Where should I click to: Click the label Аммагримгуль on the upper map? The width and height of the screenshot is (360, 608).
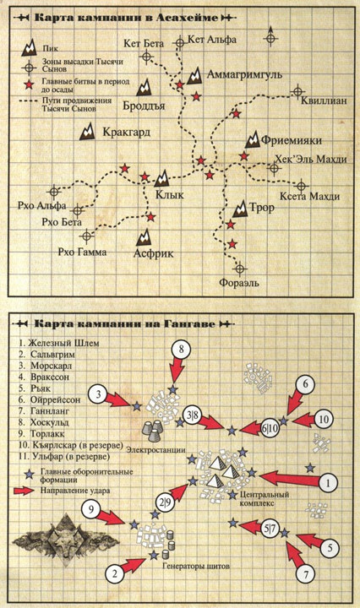coord(245,75)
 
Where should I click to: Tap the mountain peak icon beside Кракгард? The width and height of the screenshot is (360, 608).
coord(88,132)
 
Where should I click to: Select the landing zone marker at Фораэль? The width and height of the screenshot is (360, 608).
coord(240,269)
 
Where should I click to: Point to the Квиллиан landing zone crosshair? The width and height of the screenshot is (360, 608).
coord(297,91)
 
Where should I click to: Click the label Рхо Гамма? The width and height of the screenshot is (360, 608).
coord(82,252)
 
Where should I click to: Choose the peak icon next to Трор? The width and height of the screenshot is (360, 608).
coord(241,209)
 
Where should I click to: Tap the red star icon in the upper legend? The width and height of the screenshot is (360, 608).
coord(28,84)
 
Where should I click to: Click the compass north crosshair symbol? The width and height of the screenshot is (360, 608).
coord(271,38)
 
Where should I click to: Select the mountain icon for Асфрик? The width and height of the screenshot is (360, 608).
coord(144,237)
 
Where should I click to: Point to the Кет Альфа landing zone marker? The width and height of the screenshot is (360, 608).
coord(180,43)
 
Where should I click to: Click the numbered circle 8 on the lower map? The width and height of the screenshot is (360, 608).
coord(181,350)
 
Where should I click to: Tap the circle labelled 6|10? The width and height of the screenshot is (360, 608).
coord(270,428)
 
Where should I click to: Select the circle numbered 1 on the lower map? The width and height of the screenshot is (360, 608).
coord(328,483)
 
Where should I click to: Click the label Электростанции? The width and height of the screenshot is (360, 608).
coord(155,450)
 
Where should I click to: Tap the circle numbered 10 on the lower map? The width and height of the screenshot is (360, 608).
coord(324,419)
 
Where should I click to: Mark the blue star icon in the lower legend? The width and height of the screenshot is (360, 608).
coord(28,474)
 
